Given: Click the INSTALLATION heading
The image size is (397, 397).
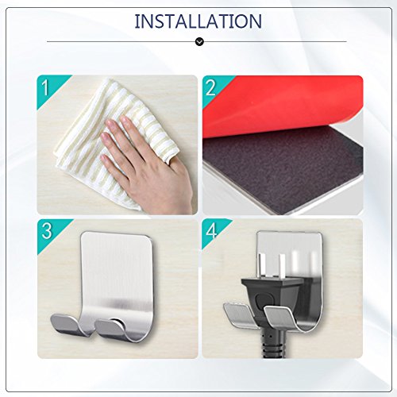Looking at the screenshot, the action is (x=198, y=21).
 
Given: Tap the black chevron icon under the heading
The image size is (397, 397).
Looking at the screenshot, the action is (x=199, y=41).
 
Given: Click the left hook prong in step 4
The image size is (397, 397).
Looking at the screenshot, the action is (x=238, y=315).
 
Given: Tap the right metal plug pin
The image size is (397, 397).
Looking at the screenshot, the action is (x=282, y=266).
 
